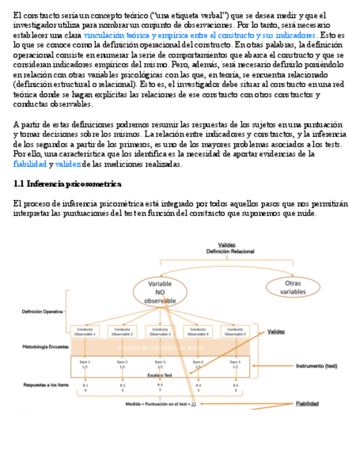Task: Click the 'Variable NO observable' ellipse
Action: [160, 292]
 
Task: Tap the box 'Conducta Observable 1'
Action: [85, 332]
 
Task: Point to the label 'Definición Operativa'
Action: [42, 311]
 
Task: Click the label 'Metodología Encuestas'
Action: [45, 347]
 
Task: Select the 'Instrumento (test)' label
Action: [316, 366]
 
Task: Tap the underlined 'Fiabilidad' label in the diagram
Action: [308, 404]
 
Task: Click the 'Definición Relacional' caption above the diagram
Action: [230, 251]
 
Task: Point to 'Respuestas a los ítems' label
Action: [46, 385]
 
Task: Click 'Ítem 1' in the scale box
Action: [85, 362]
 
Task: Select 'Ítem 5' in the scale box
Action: [235, 362]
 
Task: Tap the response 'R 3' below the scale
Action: [160, 385]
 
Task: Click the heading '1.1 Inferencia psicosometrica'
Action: [67, 184]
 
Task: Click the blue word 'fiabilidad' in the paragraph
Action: [30, 164]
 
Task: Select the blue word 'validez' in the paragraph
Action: [68, 164]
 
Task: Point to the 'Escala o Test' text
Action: [160, 375]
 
